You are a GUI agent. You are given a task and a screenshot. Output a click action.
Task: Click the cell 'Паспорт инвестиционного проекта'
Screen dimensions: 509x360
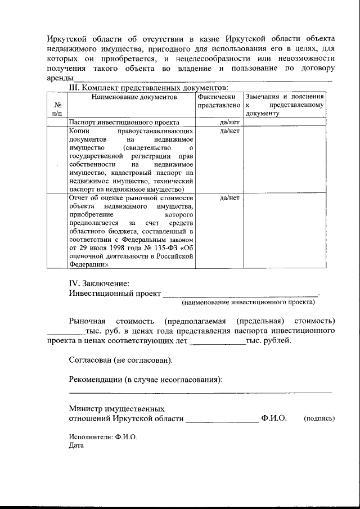[x=124, y=122]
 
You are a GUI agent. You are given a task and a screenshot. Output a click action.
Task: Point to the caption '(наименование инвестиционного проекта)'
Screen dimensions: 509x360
[x=248, y=303]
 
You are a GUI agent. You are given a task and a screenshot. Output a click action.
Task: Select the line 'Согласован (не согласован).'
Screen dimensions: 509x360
[x=120, y=359]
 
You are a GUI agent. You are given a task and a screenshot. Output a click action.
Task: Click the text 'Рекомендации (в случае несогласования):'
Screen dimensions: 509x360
[x=146, y=379]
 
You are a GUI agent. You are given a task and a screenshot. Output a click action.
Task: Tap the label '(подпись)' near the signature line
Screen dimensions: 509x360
[x=319, y=419]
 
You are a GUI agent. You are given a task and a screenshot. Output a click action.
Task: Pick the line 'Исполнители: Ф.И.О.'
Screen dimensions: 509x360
[x=103, y=436]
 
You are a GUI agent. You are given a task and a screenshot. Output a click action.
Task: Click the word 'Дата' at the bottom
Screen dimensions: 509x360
[x=76, y=445]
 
